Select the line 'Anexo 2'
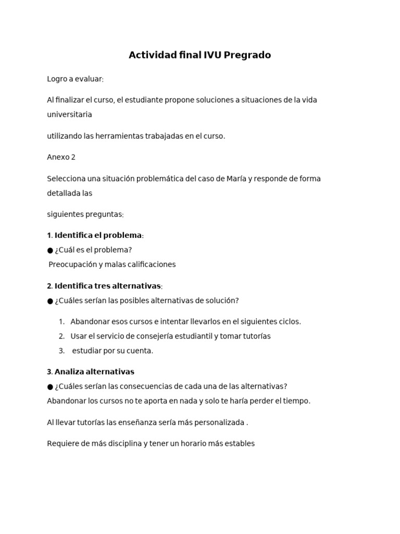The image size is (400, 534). (x=61, y=157)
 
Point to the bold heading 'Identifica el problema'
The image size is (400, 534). (x=98, y=235)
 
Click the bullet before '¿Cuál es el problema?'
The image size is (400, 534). (x=50, y=250)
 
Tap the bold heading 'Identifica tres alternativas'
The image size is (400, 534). (x=108, y=286)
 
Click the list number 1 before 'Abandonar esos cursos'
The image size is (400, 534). (x=61, y=322)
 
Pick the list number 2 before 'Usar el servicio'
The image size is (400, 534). (x=61, y=336)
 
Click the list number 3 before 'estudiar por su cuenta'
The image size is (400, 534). (x=61, y=351)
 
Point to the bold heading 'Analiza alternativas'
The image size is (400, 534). (x=94, y=372)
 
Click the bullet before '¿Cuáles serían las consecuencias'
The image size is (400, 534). (x=50, y=386)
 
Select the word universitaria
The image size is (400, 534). (x=69, y=114)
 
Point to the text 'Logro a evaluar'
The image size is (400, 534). (x=74, y=79)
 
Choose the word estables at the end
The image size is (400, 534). (x=239, y=444)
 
